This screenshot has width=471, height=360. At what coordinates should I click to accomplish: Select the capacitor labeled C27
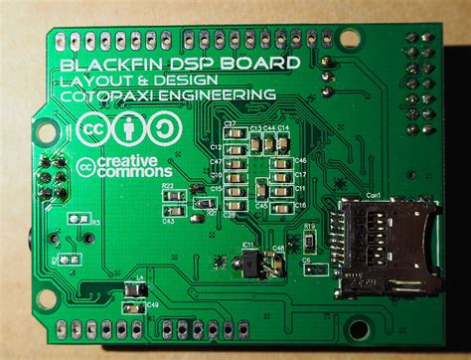point(231,135)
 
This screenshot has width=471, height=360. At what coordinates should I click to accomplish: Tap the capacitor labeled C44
point(269,142)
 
